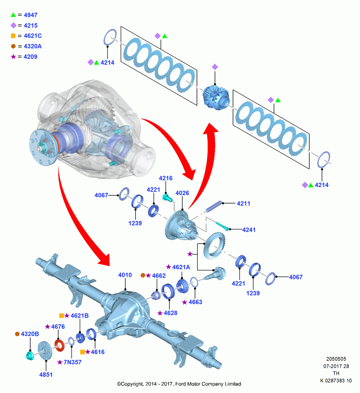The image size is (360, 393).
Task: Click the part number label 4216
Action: (165, 178)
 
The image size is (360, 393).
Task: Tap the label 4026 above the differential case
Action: (182, 193)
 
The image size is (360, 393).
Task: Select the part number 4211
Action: (243, 204)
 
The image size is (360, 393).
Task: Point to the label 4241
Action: (249, 230)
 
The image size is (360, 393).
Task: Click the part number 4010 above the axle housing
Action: (125, 275)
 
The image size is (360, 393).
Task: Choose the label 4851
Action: (46, 375)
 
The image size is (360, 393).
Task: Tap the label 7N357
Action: (72, 362)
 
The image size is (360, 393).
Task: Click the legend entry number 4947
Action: (31, 15)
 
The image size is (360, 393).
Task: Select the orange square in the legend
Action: (13, 36)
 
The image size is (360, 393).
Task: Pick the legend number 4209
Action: (30, 57)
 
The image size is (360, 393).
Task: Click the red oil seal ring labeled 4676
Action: (60, 345)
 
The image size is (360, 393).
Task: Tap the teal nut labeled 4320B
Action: (30, 356)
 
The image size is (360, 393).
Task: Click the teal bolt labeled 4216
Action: (167, 197)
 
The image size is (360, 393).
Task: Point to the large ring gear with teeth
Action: (214, 246)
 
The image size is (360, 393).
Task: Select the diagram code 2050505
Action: (336, 359)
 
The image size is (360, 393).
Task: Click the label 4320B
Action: (30, 334)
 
